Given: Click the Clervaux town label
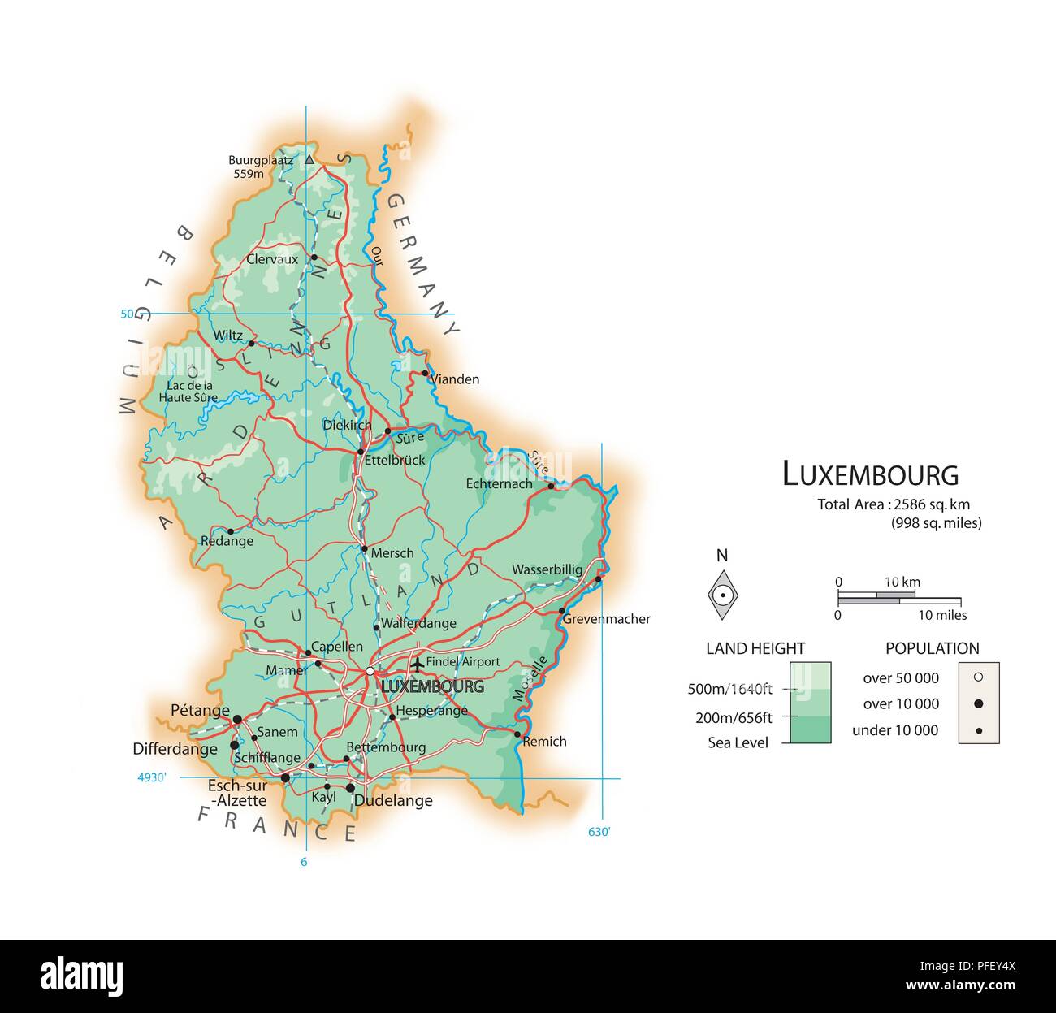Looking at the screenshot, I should [272, 260].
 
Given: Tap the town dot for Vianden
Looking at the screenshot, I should [424, 374].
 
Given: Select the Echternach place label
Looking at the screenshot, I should [499, 484].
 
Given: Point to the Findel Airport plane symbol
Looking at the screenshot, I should [417, 664].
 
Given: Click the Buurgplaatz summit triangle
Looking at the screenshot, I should [309, 159].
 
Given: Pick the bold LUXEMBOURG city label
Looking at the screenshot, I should [432, 686].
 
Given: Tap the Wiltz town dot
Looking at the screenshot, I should [251, 344].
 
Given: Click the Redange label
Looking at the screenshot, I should [227, 541].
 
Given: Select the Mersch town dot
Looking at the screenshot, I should [364, 548].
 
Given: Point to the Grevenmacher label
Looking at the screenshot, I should [606, 619].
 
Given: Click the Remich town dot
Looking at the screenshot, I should [517, 734].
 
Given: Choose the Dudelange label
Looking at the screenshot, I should [394, 801].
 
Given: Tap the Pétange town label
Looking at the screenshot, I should [200, 711].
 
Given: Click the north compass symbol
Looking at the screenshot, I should [721, 594].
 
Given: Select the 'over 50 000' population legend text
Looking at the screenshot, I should [901, 678].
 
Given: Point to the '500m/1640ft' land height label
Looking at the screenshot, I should [729, 690].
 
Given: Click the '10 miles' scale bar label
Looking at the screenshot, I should [942, 616].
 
